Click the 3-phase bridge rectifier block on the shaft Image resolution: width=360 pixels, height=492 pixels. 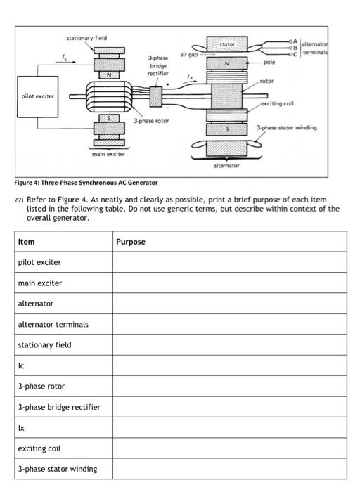point(156,96)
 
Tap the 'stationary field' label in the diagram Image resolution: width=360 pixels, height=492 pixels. point(86,37)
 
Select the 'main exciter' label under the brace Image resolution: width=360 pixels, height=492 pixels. point(108,153)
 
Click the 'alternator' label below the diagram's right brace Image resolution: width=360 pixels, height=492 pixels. point(227,166)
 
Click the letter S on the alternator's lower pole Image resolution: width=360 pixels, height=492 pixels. point(226,129)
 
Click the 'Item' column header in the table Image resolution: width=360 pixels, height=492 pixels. point(26,241)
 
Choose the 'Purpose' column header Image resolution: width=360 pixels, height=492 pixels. point(131,241)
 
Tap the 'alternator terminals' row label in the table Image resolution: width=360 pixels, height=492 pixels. point(53,324)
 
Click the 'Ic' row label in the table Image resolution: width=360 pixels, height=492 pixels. point(22,365)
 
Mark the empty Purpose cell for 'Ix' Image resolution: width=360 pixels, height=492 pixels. point(229,427)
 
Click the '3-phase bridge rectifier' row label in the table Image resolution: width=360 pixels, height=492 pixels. point(59,407)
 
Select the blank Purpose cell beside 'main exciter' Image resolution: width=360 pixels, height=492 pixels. point(229,283)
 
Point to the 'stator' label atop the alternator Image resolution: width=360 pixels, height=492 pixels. point(226,44)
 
